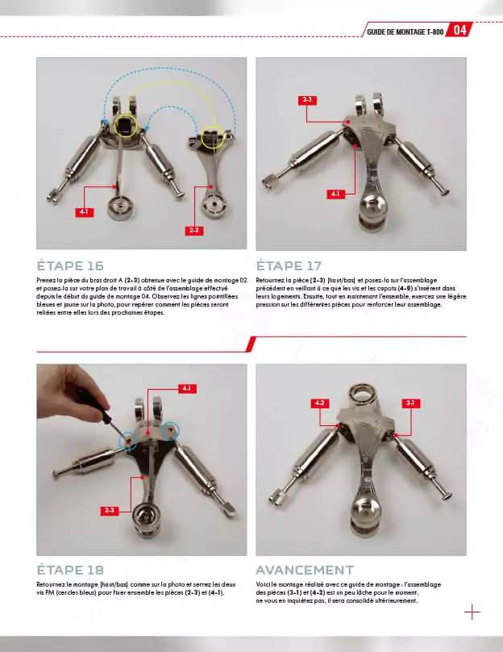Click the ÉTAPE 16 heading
coord(70,265)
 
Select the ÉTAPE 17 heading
coord(289,265)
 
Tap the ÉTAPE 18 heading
coord(70,570)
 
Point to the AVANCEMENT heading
coord(305,570)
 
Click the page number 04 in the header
coord(459,31)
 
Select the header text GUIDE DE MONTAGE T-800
coord(405,31)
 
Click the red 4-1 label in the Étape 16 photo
coord(84,211)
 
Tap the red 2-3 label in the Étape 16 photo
coord(194,230)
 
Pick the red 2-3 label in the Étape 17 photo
coord(306,100)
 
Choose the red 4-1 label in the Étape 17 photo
coord(335,194)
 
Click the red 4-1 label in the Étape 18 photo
coord(186,389)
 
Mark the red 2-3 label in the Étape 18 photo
coord(110,511)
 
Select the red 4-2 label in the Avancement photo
coord(319,402)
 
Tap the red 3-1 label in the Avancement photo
coord(410,402)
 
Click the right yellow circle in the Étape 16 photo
coord(212,137)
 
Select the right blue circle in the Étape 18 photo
coord(170,431)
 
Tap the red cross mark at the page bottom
coord(472,612)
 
